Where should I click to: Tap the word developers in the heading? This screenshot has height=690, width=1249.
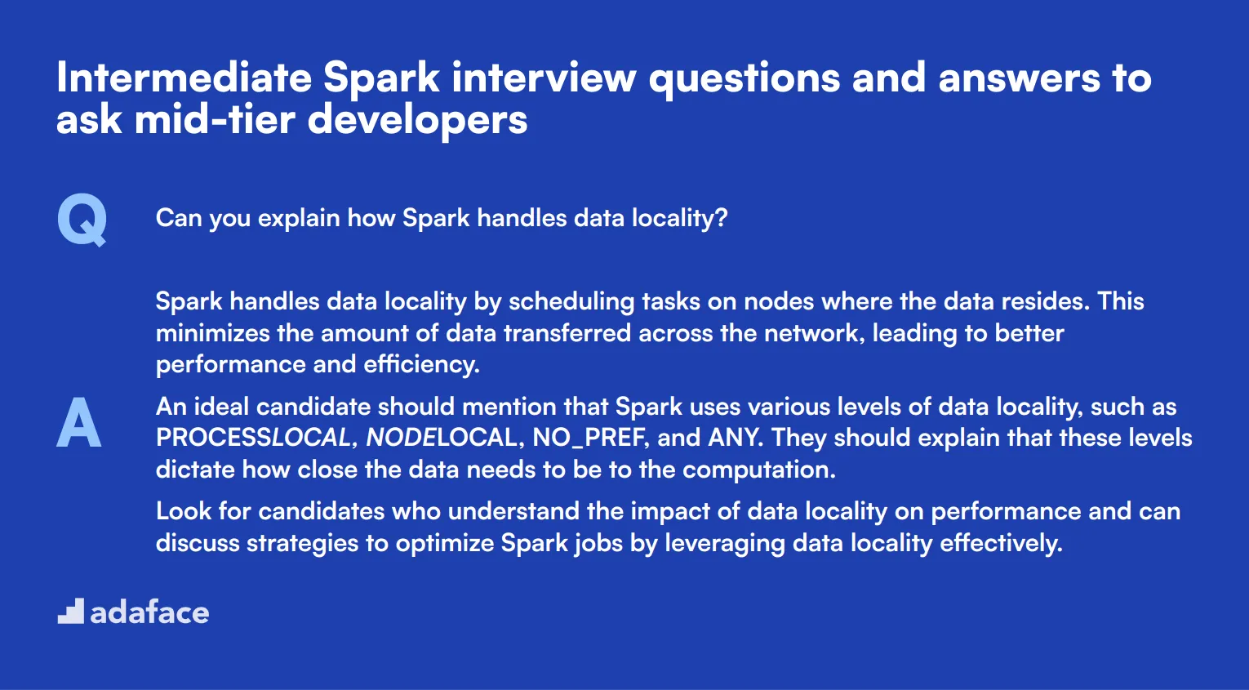pos(417,121)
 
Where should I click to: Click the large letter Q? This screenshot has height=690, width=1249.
pos(82,220)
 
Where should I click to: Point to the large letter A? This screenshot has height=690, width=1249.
pos(78,421)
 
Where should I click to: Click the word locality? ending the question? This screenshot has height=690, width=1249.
pos(679,218)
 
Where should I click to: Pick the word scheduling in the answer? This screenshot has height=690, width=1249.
pos(571,302)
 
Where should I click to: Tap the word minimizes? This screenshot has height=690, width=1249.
pos(212,333)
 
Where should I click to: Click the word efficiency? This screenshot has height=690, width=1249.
pos(421,365)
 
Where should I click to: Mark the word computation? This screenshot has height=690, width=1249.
pos(759,470)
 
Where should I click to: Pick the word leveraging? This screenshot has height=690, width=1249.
pos(725,543)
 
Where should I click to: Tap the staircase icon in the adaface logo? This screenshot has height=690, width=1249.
pos(71,611)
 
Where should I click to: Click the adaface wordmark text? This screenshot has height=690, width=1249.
pos(149,612)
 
